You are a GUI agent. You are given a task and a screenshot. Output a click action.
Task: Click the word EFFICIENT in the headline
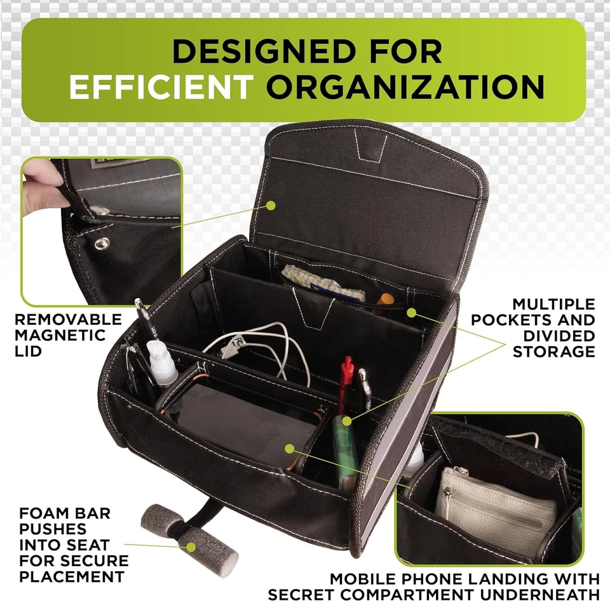point(160,88)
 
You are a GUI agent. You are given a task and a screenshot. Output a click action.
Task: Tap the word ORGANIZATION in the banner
point(405,88)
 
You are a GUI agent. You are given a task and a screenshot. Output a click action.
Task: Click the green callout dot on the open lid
point(271,205)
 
